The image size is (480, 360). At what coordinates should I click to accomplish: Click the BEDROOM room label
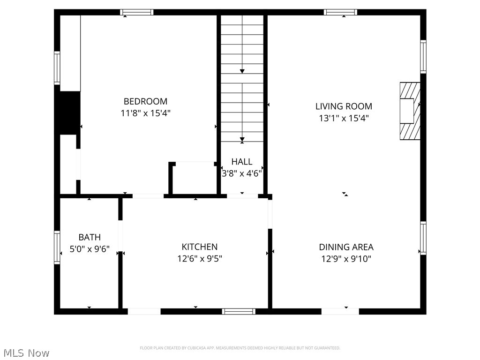145,101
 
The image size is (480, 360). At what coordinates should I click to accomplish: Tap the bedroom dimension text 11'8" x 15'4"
145,113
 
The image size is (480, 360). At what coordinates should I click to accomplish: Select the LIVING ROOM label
344,106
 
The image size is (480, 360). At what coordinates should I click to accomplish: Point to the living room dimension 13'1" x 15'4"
344,118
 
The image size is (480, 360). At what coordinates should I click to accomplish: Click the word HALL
242,162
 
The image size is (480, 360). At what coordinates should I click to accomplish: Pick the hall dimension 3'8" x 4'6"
242,173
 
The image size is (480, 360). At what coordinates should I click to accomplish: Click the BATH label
90,238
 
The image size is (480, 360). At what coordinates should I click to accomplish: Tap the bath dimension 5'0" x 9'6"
90,249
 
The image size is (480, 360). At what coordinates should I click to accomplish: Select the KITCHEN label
200,247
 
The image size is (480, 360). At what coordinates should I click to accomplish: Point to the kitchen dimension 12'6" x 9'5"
200,259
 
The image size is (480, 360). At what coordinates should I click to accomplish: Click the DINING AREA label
346,247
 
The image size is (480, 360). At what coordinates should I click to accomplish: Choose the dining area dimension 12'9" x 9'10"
346,259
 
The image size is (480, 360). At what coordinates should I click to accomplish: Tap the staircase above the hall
242,77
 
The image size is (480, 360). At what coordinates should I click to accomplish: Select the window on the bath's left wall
57,247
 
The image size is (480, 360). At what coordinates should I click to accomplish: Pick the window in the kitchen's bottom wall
239,311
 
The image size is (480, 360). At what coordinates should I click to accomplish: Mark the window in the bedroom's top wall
136,12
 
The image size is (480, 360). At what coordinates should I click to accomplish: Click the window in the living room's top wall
341,12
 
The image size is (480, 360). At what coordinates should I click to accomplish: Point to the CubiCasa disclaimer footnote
240,348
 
